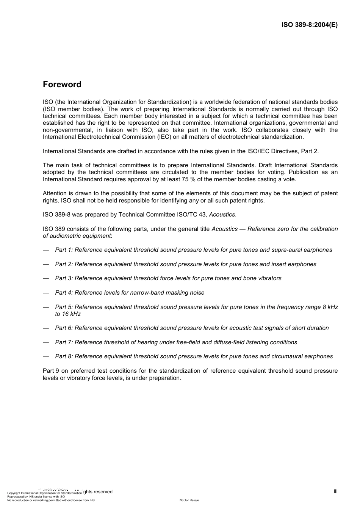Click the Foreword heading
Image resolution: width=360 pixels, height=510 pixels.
click(x=62, y=85)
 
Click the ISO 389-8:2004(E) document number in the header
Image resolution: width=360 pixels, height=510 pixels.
click(x=309, y=25)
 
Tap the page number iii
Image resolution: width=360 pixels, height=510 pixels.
click(x=335, y=491)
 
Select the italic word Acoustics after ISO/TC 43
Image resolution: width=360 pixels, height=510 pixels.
click(x=222, y=215)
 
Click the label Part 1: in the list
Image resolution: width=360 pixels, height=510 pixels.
click(x=64, y=250)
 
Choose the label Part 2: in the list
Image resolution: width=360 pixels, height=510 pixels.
click(x=64, y=264)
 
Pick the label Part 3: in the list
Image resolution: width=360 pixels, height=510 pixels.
click(x=64, y=278)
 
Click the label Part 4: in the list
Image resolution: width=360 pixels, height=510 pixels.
click(x=64, y=293)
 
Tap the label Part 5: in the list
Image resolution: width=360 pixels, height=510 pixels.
click(x=64, y=307)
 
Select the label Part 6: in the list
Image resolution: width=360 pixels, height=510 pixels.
click(x=64, y=328)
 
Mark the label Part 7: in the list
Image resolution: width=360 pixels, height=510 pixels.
click(x=64, y=342)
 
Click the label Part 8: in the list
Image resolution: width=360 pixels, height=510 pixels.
click(x=64, y=356)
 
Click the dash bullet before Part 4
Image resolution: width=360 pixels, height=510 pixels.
click(x=46, y=293)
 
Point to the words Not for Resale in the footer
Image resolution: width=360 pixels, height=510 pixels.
click(x=189, y=501)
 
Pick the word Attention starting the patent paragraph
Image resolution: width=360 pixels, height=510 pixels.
click(x=55, y=193)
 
